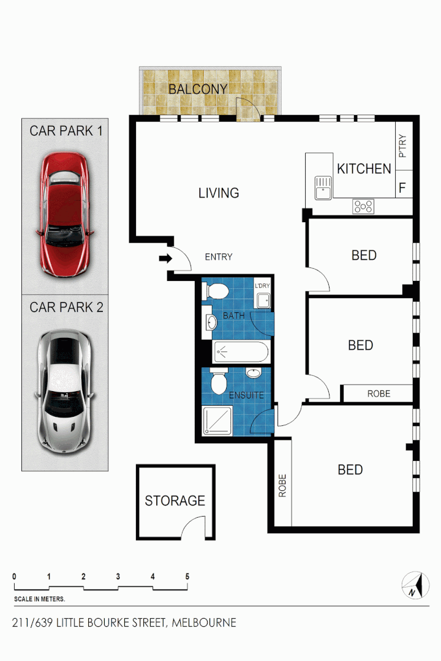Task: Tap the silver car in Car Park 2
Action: click(65, 392)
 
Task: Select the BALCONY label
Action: click(198, 89)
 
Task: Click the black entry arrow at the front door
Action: click(165, 260)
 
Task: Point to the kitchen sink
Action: click(323, 188)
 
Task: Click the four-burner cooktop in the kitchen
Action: click(363, 207)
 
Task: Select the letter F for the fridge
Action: click(402, 188)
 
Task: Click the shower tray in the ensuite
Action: click(217, 421)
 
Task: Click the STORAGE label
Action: click(175, 501)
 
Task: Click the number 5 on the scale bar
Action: click(187, 577)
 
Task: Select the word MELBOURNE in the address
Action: click(204, 623)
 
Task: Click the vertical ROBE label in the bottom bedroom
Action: click(283, 485)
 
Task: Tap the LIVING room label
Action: click(219, 193)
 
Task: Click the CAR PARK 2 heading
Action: click(66, 307)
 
